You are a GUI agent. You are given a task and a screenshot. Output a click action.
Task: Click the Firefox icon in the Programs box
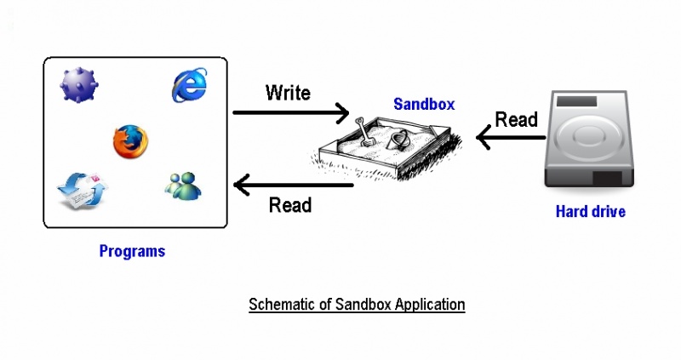(x=131, y=141)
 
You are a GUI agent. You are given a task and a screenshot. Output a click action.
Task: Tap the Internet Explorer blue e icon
(x=190, y=86)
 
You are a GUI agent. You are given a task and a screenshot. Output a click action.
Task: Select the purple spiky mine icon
(x=78, y=86)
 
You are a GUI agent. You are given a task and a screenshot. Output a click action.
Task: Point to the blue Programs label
(x=132, y=251)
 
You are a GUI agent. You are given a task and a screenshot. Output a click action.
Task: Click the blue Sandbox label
(x=424, y=105)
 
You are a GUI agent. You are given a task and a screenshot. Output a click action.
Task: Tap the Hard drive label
(x=590, y=211)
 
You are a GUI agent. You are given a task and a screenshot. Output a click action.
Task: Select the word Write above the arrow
(x=288, y=92)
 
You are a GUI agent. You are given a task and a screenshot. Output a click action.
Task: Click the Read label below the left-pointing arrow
(x=289, y=205)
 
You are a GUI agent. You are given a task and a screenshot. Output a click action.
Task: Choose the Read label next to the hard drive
(x=516, y=119)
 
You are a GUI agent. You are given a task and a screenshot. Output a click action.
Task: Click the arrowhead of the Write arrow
(x=343, y=112)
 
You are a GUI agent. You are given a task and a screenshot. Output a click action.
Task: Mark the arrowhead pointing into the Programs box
(x=242, y=184)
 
